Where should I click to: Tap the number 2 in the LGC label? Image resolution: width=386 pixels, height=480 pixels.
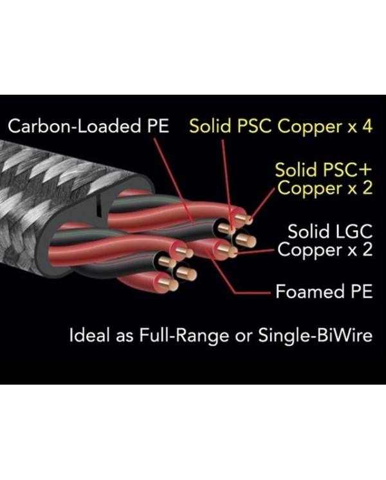(x=366, y=250)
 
